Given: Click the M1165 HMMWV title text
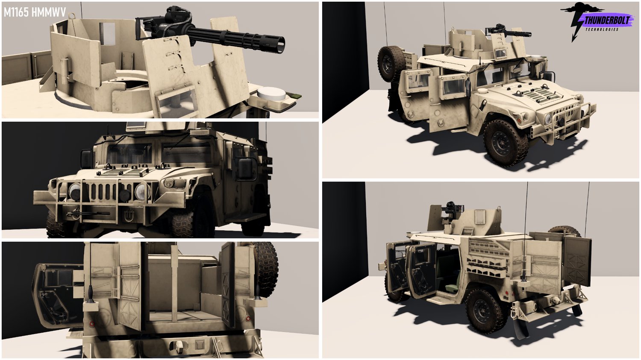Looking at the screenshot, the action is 35,12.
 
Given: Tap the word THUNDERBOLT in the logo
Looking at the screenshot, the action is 607,20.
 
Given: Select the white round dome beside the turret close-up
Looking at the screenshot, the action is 271,94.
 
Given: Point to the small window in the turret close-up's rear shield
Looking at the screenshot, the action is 107,33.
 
